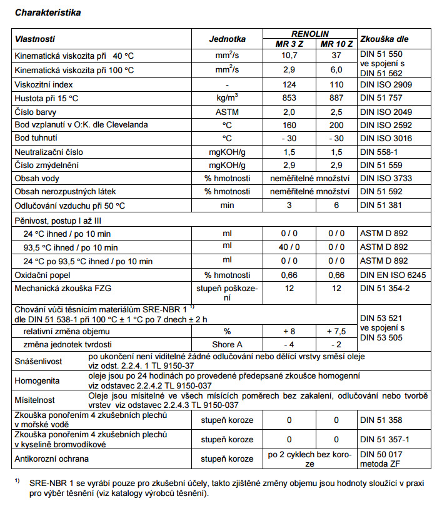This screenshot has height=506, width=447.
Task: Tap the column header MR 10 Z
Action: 336,44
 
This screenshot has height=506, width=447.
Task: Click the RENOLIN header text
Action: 311,33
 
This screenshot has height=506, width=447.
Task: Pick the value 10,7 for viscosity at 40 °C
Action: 289,56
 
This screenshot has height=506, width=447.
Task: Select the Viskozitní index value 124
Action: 289,84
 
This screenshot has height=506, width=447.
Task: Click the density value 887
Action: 336,97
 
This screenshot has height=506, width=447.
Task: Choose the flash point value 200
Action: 336,125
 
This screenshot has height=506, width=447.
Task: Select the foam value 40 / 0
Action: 289,247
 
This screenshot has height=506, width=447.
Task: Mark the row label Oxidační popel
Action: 44,274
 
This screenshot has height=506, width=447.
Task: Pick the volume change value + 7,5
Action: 336,331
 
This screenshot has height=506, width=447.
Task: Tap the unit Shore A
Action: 227,344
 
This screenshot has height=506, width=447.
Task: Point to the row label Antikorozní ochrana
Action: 53,459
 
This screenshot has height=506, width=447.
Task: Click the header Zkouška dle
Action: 384,38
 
